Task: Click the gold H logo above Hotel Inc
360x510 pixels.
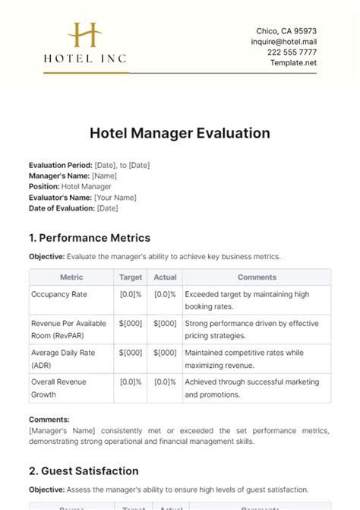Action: click(84, 36)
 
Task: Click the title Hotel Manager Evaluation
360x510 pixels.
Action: click(180, 133)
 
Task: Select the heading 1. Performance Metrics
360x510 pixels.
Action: click(90, 238)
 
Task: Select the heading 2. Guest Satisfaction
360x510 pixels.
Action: click(84, 470)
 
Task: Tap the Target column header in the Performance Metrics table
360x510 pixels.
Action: click(131, 277)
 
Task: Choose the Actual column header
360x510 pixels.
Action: click(164, 277)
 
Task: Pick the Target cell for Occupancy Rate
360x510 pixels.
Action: click(131, 294)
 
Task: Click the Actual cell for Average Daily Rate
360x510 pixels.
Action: click(164, 353)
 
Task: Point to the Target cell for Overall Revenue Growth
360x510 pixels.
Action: click(131, 382)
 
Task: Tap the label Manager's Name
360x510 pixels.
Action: click(58, 176)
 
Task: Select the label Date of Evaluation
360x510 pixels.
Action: click(62, 207)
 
